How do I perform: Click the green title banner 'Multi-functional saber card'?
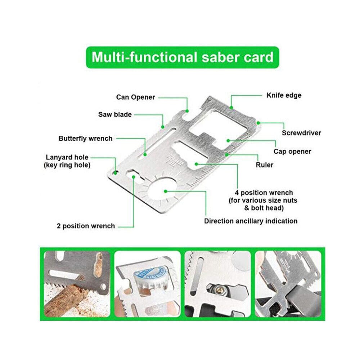[182, 57]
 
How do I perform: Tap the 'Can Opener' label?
[135, 97]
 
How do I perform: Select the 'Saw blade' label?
[115, 114]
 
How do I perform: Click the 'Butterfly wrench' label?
[85, 139]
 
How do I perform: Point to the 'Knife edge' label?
[284, 95]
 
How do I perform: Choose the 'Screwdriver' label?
[301, 133]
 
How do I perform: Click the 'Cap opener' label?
[292, 152]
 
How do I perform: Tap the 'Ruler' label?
[265, 165]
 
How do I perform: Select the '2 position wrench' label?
[86, 226]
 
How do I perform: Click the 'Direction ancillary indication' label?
[251, 221]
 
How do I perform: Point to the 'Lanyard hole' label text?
[67, 157]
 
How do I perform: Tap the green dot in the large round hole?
[165, 191]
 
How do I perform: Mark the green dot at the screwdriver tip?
[258, 123]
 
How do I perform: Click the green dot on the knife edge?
[231, 107]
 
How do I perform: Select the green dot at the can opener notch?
[187, 111]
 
